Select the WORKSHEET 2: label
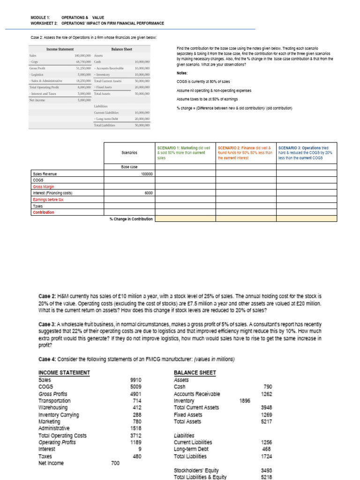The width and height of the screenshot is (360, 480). (x=44, y=23)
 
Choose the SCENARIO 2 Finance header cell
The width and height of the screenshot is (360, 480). (x=245, y=153)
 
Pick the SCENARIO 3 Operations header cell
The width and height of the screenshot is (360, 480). (x=306, y=153)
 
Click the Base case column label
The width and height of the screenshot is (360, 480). (x=129, y=167)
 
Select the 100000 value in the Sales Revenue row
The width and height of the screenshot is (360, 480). (x=147, y=173)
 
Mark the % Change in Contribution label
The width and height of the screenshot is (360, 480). (x=131, y=219)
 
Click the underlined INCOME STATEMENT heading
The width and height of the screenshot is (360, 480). (x=64, y=373)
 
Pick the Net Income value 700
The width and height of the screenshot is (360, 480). (x=115, y=463)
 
